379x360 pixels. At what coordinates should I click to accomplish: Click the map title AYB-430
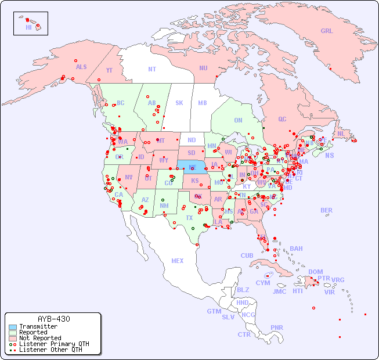click(x=53, y=319)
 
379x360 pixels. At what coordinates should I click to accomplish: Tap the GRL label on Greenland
click(x=327, y=31)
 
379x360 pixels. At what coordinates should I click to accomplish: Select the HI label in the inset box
click(x=28, y=27)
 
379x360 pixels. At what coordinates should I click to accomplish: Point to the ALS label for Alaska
click(x=81, y=67)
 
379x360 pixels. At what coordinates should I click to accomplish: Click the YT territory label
click(x=109, y=70)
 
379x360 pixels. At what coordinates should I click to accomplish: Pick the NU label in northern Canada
click(x=203, y=68)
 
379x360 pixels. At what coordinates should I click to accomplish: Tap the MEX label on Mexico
click(x=177, y=261)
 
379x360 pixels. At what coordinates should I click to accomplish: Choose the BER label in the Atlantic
click(x=327, y=210)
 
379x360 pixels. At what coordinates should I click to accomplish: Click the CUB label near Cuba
click(x=247, y=255)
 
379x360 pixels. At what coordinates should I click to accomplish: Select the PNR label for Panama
click(x=277, y=327)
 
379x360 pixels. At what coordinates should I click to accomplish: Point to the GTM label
click(x=214, y=311)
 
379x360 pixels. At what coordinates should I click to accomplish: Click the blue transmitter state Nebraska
click(x=192, y=167)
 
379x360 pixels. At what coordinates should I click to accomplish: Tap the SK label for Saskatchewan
click(x=179, y=103)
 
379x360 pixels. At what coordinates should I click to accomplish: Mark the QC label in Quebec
click(x=282, y=119)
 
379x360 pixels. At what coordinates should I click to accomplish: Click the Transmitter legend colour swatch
click(x=12, y=327)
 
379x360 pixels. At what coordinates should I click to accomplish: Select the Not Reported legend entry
click(x=39, y=338)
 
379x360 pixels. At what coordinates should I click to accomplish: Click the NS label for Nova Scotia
click(x=329, y=156)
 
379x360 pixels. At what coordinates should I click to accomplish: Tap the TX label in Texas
click(x=189, y=218)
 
